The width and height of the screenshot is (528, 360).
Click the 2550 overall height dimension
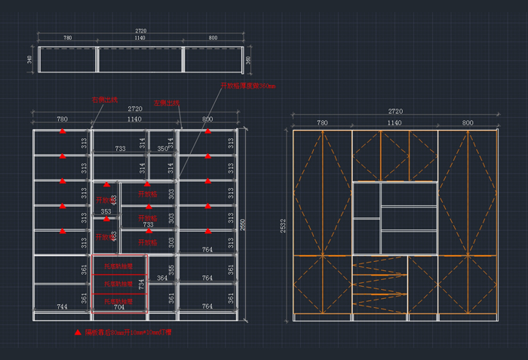click(243, 225)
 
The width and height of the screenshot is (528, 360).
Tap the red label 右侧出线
click(104, 99)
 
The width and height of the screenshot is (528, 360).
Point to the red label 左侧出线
click(166, 102)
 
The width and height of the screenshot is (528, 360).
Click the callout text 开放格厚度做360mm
click(248, 86)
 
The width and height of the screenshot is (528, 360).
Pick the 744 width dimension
click(63, 307)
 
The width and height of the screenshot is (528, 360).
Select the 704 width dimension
click(118, 308)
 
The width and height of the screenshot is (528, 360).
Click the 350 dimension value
click(162, 149)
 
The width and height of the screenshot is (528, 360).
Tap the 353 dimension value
click(106, 212)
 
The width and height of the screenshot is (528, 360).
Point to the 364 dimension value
click(162, 278)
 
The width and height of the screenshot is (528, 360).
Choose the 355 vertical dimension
click(171, 269)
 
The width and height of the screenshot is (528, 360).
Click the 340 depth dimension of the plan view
click(29, 59)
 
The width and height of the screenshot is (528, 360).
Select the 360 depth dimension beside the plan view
click(248, 60)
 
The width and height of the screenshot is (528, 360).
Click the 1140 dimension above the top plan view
click(140, 38)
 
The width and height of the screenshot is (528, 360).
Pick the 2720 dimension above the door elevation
click(395, 112)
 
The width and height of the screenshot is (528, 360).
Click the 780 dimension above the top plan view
click(67, 38)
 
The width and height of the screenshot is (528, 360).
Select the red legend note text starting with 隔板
click(127, 332)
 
